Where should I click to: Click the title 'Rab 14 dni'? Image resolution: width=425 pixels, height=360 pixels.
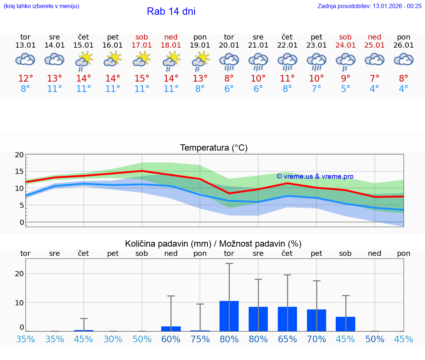(x=171, y=11)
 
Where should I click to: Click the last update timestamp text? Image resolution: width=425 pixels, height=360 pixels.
(x=369, y=6)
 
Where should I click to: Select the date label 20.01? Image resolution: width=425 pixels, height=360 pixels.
(x=229, y=45)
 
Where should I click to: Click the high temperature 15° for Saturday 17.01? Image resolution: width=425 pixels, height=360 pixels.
(x=142, y=78)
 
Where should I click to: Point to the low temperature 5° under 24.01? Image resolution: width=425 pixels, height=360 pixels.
(x=346, y=89)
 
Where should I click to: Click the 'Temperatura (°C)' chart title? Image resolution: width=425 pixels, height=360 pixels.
(x=214, y=148)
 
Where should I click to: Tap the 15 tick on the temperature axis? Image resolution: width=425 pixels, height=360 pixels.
(x=19, y=171)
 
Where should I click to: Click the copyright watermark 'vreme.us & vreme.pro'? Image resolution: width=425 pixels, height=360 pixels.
(x=315, y=176)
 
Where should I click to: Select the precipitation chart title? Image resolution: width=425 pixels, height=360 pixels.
(x=213, y=244)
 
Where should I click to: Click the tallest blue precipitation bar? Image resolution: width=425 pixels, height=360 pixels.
(x=229, y=316)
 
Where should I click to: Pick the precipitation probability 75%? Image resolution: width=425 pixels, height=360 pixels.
(x=200, y=339)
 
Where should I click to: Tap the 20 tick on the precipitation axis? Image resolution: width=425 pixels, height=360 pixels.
(x=19, y=274)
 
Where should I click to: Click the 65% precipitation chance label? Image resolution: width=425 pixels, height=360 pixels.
(x=287, y=339)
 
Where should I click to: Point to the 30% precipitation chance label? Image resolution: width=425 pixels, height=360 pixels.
(x=113, y=339)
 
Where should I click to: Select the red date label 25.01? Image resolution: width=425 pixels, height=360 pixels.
(x=374, y=45)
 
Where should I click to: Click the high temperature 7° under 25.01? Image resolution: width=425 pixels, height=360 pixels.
(x=374, y=78)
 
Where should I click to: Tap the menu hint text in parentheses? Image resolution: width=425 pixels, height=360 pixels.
(x=41, y=6)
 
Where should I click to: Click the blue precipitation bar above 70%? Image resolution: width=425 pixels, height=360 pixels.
(x=317, y=320)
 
